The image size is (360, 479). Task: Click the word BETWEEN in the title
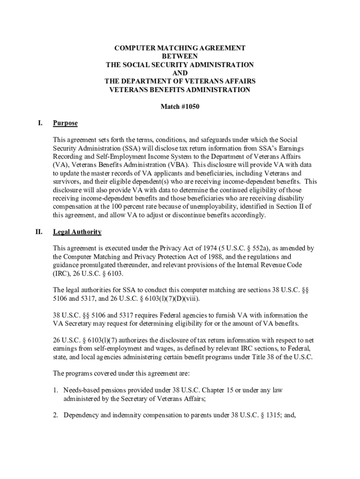[180, 56]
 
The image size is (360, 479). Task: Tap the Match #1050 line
[180, 107]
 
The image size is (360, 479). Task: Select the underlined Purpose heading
[65, 123]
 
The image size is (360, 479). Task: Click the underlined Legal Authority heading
[77, 232]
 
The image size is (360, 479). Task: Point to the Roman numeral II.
[39, 232]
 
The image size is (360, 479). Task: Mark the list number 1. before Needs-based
[55, 390]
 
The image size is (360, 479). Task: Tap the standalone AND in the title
[180, 73]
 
